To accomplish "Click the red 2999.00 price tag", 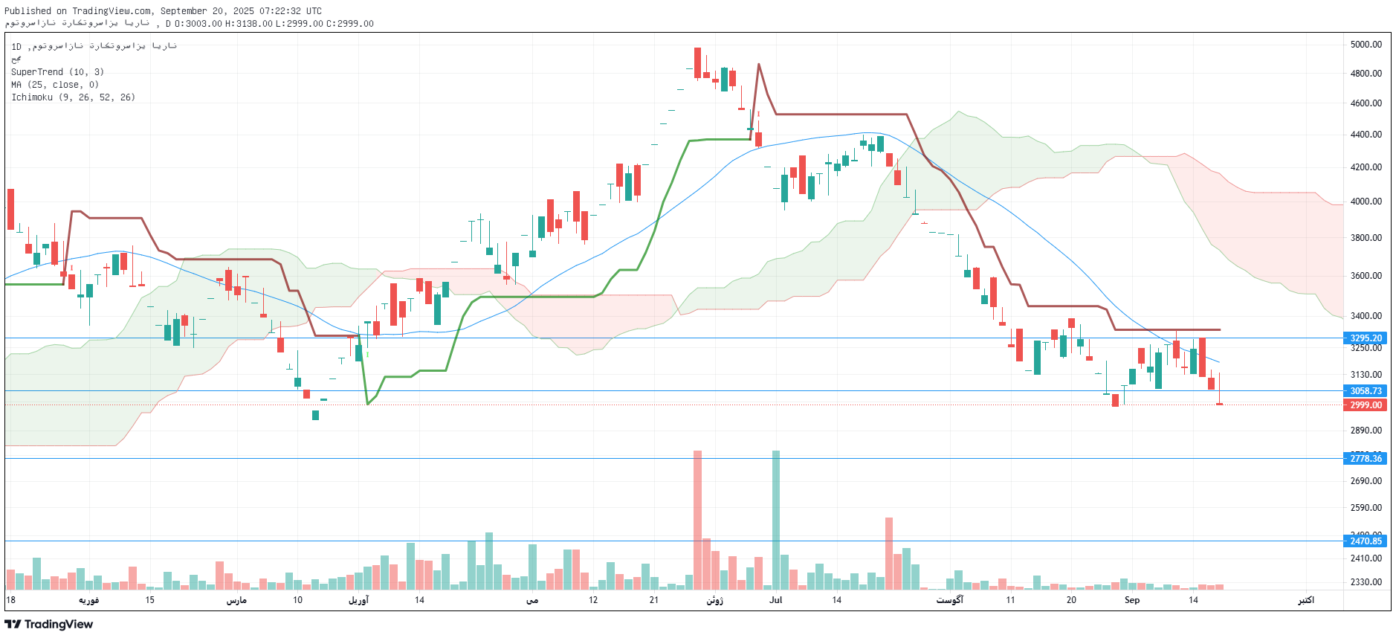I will pyautogui.click(x=1366, y=405).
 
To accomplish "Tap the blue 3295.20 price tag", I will pyautogui.click(x=1366, y=338).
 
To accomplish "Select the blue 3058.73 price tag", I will pyautogui.click(x=1366, y=391).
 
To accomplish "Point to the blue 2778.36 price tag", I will pyautogui.click(x=1366, y=459).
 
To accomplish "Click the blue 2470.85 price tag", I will pyautogui.click(x=1366, y=541).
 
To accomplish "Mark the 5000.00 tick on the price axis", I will pyautogui.click(x=1366, y=45).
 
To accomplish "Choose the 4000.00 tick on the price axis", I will pyautogui.click(x=1366, y=202).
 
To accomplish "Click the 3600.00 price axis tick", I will pyautogui.click(x=1366, y=276).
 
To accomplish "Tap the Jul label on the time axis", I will pyautogui.click(x=775, y=600).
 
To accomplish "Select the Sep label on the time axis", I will pyautogui.click(x=1131, y=600).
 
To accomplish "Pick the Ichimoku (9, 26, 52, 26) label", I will pyautogui.click(x=73, y=97).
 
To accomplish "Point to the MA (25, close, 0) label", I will pyautogui.click(x=54, y=85).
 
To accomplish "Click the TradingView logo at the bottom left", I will pyautogui.click(x=49, y=625).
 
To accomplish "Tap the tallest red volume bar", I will pyautogui.click(x=697, y=521).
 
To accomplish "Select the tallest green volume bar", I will pyautogui.click(x=776, y=521).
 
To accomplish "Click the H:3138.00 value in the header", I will pyautogui.click(x=249, y=24).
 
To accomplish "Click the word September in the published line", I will pyautogui.click(x=185, y=11).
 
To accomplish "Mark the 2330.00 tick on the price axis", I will pyautogui.click(x=1366, y=582).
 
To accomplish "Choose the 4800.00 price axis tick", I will pyautogui.click(x=1366, y=74).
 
